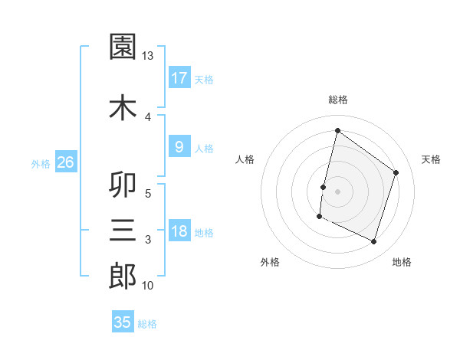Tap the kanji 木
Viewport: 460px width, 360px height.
[x=123, y=107]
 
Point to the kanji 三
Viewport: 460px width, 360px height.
[x=123, y=230]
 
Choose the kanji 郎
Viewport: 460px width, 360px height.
[x=123, y=276]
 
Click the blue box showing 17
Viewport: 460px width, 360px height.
[x=179, y=78]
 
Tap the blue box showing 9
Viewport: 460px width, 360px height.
[x=179, y=148]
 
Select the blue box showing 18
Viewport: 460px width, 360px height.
[x=179, y=232]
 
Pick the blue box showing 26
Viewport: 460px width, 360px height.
[x=65, y=162]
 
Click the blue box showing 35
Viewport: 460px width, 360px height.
[x=123, y=322]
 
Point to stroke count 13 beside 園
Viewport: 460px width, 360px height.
[x=148, y=56]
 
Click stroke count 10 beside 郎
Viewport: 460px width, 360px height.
[x=148, y=286]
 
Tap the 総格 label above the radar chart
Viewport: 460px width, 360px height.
[x=337, y=100]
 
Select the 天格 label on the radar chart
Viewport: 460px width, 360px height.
[x=431, y=159]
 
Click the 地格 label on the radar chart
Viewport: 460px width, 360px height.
[x=402, y=262]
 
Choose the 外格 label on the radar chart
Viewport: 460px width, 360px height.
[x=270, y=262]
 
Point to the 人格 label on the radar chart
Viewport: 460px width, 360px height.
[x=245, y=159]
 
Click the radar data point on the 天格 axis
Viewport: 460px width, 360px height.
[x=396, y=172]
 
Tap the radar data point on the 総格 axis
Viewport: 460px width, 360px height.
[x=337, y=130]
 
